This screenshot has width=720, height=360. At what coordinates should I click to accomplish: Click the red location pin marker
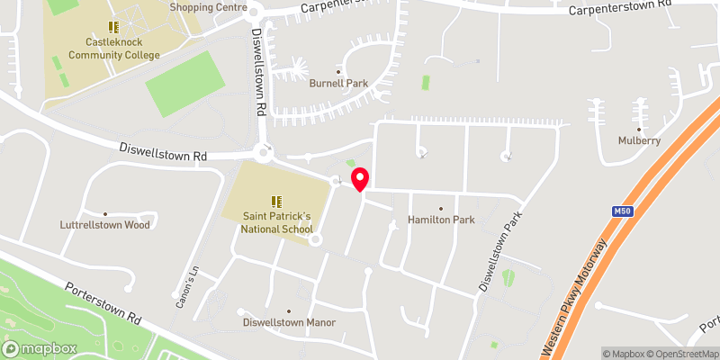360,179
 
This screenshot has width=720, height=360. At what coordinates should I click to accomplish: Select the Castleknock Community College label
123,49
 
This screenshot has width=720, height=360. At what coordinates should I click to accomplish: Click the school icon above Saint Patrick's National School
277,201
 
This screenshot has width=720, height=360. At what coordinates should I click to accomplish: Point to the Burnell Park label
338,84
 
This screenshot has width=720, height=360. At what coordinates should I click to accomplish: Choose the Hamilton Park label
440,220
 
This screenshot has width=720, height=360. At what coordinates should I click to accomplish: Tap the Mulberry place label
639,140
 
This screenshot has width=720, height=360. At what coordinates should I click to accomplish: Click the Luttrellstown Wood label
104,225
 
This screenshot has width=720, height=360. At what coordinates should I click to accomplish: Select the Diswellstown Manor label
289,322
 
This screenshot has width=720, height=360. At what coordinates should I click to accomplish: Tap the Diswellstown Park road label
500,252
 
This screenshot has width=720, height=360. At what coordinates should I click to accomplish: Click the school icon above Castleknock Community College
113,28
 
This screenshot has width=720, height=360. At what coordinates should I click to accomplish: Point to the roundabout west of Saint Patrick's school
264,154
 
